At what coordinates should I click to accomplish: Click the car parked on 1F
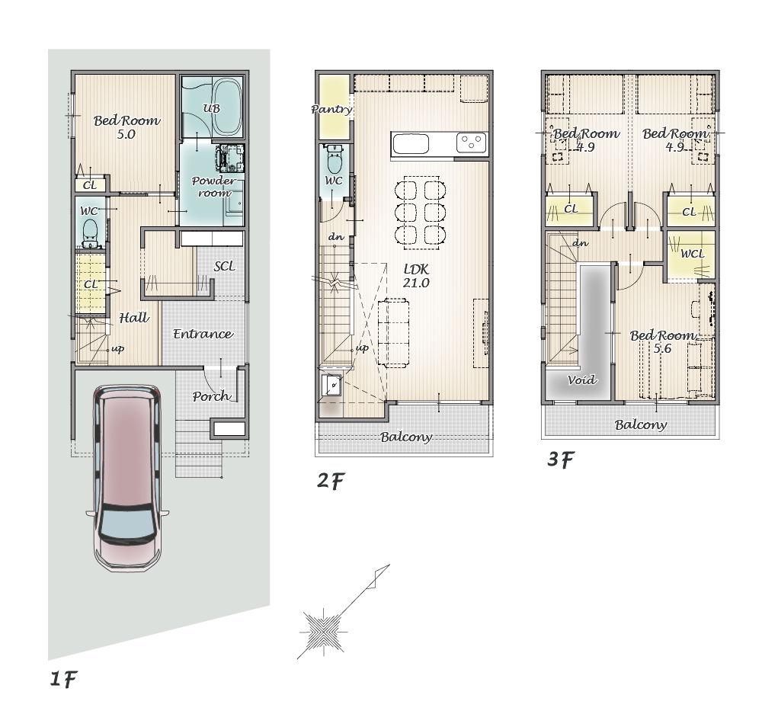[128, 478]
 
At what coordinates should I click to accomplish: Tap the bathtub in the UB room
[227, 107]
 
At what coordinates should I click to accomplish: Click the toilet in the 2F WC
[334, 160]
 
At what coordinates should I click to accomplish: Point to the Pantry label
[332, 109]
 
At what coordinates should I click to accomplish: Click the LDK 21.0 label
[416, 276]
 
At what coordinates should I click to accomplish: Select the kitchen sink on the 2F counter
[411, 144]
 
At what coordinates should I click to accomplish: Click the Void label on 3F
[581, 380]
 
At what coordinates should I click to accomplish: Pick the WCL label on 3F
[692, 254]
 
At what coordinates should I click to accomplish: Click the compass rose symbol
[322, 631]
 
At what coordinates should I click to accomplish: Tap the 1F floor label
[64, 679]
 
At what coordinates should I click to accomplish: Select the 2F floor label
[331, 481]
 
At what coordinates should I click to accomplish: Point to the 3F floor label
[561, 460]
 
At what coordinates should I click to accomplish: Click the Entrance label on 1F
[203, 334]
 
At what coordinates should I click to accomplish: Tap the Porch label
[211, 396]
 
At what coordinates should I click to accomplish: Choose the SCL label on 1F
[225, 266]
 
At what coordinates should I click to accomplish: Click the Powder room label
[214, 187]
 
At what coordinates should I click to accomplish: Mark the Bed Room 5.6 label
[663, 341]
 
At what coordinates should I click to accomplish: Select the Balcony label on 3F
[641, 424]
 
